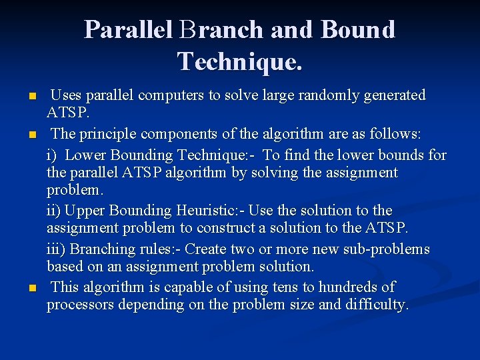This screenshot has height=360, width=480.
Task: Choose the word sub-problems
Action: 388,249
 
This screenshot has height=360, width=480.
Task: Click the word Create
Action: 205,249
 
